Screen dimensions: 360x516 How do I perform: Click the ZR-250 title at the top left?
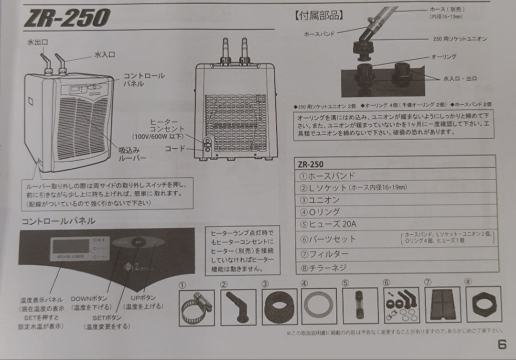(x=67, y=19)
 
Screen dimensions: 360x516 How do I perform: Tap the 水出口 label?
(x=38, y=43)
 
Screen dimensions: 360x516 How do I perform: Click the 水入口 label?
(x=105, y=55)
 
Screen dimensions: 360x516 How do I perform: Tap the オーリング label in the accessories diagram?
(x=443, y=56)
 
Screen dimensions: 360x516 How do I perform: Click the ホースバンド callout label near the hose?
(x=320, y=34)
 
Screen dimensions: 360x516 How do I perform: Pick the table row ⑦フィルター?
(x=324, y=253)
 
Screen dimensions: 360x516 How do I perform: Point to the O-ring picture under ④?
(x=319, y=306)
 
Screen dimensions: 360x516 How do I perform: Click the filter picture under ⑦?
(x=442, y=305)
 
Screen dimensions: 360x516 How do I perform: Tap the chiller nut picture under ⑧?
(x=483, y=304)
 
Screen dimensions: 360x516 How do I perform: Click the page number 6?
(x=502, y=344)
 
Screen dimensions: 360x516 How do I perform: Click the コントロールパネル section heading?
(x=58, y=221)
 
